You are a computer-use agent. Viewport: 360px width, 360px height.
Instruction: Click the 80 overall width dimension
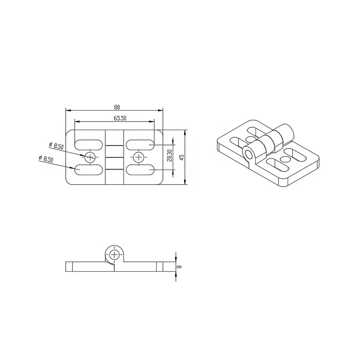(x=117, y=107)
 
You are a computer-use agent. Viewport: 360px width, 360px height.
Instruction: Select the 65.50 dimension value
(x=119, y=118)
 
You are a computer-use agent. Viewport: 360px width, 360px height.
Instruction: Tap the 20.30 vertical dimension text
(x=169, y=156)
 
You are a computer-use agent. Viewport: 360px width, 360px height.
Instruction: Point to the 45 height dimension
(x=181, y=157)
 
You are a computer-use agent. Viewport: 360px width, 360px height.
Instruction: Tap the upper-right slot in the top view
(x=140, y=144)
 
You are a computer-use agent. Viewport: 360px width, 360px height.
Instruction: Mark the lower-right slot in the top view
(x=140, y=170)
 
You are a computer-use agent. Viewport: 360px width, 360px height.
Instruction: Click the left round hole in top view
(x=90, y=157)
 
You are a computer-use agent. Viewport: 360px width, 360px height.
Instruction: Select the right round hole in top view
(x=139, y=157)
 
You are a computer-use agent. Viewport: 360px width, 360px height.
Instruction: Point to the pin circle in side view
(x=115, y=254)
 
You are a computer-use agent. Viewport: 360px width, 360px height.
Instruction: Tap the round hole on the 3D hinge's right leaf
(x=284, y=158)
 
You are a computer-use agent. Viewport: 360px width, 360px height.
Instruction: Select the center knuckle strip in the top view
(x=115, y=157)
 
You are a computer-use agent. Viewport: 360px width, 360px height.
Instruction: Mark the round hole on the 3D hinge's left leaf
(x=250, y=138)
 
